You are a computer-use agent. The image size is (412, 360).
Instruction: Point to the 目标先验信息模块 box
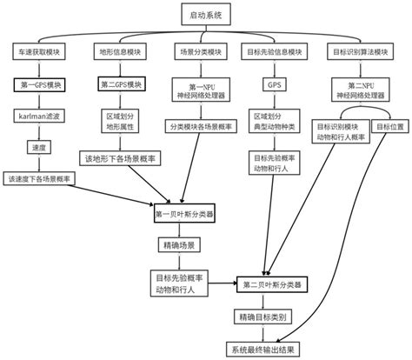point(276,52)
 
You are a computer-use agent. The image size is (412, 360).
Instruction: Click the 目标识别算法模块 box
point(357,52)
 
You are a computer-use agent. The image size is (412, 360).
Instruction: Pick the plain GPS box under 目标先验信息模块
point(276,88)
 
